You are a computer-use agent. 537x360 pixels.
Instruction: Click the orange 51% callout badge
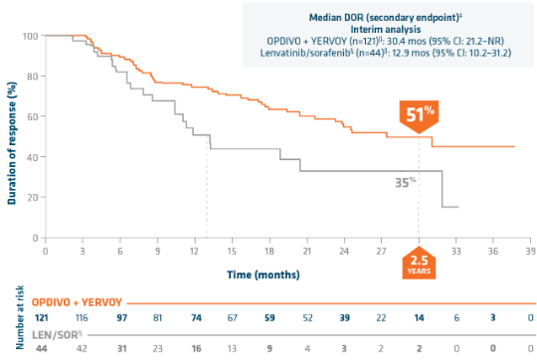418,114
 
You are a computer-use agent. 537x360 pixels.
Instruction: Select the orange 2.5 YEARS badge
418,264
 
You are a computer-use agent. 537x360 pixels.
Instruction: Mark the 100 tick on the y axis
29,37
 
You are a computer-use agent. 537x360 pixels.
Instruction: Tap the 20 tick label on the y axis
31,198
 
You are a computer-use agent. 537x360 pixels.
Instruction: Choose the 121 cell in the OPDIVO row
47,315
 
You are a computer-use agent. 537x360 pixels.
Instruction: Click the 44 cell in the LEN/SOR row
47,351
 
